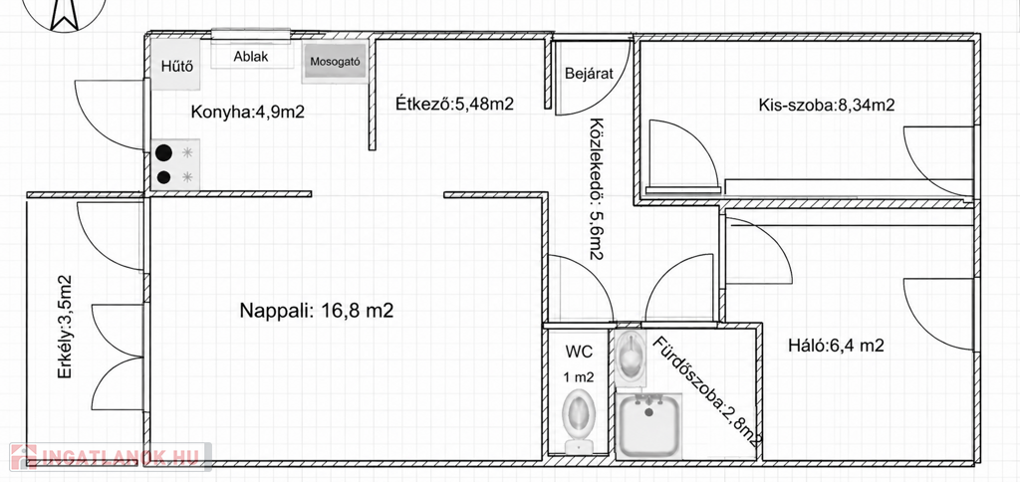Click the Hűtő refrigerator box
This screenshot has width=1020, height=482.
coord(175,65)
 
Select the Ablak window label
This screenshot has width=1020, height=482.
coord(251,57)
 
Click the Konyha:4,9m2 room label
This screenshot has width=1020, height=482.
coord(248,112)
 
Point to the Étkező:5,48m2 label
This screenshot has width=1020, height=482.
coord(455,103)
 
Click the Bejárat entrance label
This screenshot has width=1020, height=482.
coord(590,74)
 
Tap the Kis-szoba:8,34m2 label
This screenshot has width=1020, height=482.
coord(826,105)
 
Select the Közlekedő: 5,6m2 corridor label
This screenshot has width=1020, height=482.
coord(596,189)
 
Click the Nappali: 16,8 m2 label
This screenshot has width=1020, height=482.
coord(317,311)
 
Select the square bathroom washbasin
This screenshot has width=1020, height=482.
coord(648,425)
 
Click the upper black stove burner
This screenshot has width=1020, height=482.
coord(164,152)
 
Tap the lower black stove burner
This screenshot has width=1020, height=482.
coord(164,177)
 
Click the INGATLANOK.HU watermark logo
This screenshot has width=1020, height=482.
coord(111,456)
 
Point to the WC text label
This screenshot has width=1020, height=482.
coord(579,353)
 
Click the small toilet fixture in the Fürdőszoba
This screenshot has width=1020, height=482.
coord(631,357)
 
